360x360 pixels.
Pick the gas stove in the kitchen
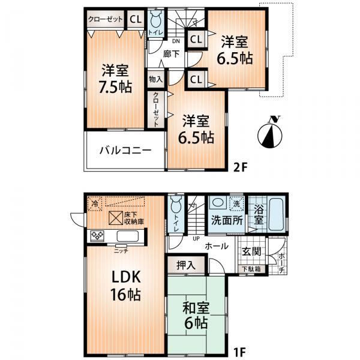tap(98, 235)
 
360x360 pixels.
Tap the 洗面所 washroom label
tap(226, 220)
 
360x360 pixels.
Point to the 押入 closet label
tap(185, 264)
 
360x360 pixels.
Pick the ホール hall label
tap(215, 246)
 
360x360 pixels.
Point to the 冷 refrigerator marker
tap(94, 204)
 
